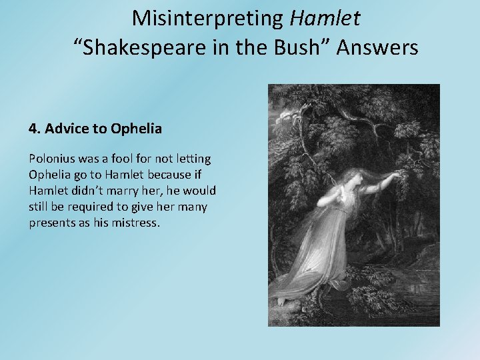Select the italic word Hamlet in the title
[x=325, y=18]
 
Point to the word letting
[x=192, y=159]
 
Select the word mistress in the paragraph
[x=135, y=223]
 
